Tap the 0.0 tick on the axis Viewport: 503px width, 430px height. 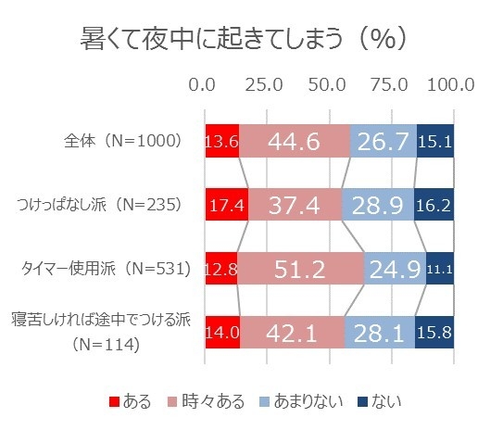pos(203,84)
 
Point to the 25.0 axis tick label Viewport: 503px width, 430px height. pos(264,84)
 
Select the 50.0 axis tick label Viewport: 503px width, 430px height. pos(326,84)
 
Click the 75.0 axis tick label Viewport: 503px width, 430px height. pos(389,84)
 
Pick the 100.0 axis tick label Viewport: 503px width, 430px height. pos(451,84)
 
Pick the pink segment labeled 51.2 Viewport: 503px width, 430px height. pos(300,269)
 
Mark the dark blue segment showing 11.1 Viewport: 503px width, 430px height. pos(440,269)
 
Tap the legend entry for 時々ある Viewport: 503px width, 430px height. pos(216,401)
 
